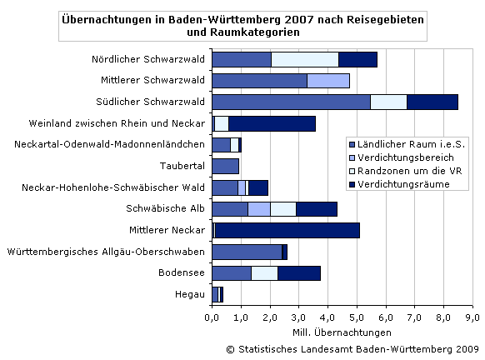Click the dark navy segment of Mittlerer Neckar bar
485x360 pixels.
click(x=287, y=230)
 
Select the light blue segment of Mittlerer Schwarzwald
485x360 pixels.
click(x=327, y=81)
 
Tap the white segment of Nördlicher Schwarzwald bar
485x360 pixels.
click(x=304, y=59)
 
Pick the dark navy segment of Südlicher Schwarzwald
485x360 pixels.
click(x=432, y=102)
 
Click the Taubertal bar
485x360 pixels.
click(x=225, y=166)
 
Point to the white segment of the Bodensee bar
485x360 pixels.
click(x=264, y=272)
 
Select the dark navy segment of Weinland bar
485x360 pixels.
click(x=272, y=123)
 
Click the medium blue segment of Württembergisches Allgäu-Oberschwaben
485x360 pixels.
click(x=247, y=252)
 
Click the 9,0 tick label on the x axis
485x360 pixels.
click(x=472, y=317)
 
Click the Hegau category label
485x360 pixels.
click(x=188, y=294)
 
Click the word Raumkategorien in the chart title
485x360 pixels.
click(x=253, y=32)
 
